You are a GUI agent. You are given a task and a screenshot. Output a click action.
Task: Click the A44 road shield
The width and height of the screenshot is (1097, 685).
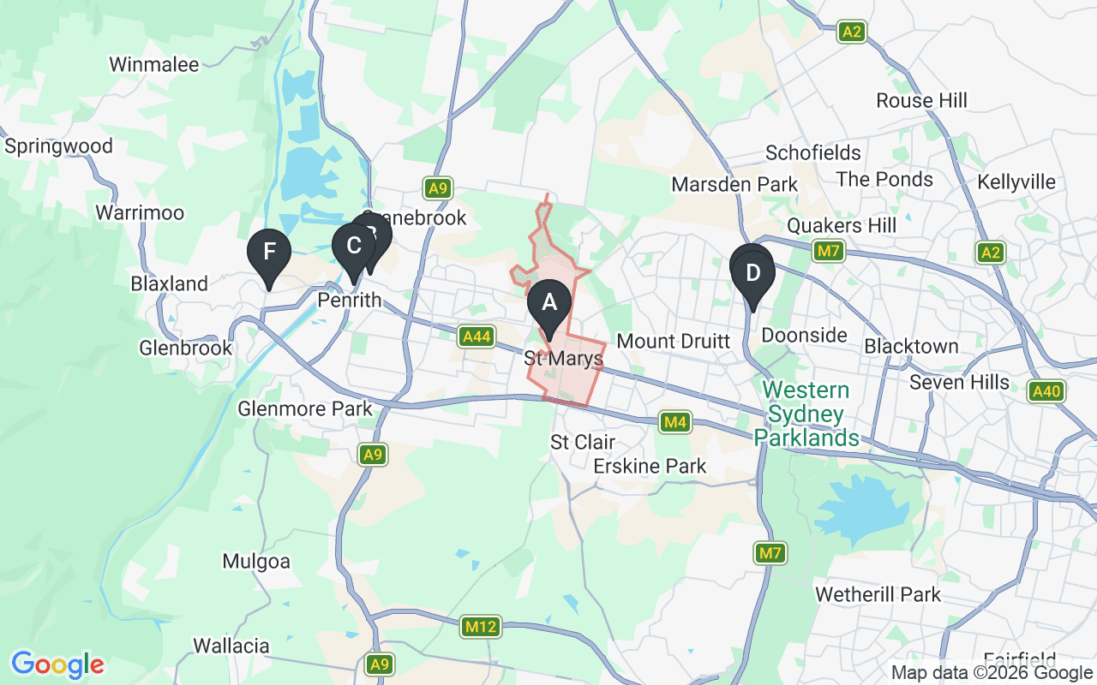pyautogui.click(x=477, y=337)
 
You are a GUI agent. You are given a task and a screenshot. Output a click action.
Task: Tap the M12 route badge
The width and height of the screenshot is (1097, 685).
pyautogui.click(x=481, y=628)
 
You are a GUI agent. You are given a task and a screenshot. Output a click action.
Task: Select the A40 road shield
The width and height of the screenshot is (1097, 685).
pyautogui.click(x=1046, y=391)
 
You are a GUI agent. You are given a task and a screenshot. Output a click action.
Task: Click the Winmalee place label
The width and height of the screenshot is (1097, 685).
pyautogui.click(x=154, y=64)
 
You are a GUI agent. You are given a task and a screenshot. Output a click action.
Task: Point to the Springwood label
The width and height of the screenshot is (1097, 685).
pyautogui.click(x=58, y=146)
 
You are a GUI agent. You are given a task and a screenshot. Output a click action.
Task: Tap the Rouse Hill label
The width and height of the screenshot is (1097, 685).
pyautogui.click(x=921, y=101)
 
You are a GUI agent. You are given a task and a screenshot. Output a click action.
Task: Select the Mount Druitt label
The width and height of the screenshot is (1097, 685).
pyautogui.click(x=673, y=341)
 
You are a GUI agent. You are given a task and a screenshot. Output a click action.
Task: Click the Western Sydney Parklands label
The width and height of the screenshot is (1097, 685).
pyautogui.click(x=806, y=414)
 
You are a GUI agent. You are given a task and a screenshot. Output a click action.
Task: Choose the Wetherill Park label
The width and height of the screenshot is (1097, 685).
pyautogui.click(x=878, y=594)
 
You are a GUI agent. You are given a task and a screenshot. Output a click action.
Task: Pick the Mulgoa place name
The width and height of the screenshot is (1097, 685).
pyautogui.click(x=256, y=562)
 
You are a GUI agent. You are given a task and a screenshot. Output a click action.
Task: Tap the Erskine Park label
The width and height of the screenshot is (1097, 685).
pyautogui.click(x=650, y=466)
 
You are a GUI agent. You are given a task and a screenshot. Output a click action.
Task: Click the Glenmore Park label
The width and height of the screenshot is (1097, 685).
pyautogui.click(x=306, y=408)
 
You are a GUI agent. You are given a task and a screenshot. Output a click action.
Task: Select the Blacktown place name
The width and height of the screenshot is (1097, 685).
pyautogui.click(x=911, y=346)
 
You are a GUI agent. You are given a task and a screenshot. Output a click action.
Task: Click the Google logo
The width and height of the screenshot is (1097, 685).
pyautogui.click(x=57, y=664)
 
